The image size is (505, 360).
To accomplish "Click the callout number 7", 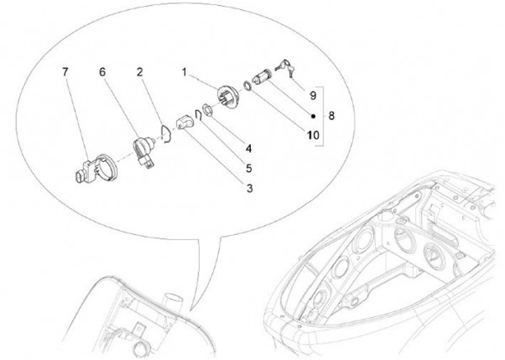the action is coord(65,72).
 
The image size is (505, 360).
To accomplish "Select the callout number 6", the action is coord(102,72).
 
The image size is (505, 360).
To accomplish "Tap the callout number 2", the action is coord(140,72).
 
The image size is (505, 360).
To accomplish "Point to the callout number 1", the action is coord(184,72).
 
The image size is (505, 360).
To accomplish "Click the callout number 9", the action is coord(313,95).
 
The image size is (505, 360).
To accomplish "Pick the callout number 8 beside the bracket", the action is coord(331,115).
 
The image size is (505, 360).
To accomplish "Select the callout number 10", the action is coord(313,135).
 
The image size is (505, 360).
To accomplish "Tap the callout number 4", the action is coord(248,149).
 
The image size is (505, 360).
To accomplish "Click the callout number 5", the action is coord(248,168).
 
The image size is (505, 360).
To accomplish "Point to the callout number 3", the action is coord(250,188).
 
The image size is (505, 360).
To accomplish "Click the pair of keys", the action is coord(285,68).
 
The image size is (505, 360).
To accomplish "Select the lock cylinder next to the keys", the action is coord(263,76).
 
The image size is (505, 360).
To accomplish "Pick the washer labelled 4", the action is coord(206,109).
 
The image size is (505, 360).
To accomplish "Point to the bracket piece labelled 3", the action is coord(185,123).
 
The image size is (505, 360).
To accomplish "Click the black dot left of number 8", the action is coord(314,116).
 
